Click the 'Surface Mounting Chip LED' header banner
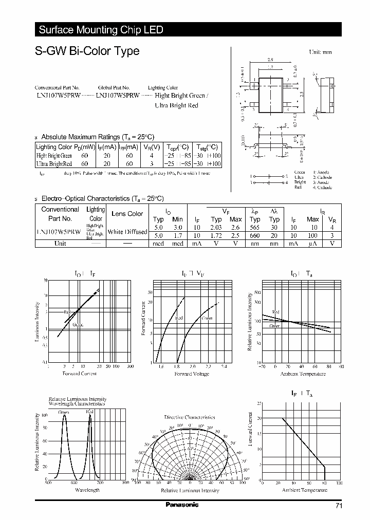101,30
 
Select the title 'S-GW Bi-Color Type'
87,51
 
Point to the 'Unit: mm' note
320,52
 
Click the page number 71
338,506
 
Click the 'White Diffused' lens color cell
128,232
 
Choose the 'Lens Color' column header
127,214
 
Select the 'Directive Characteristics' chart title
190,417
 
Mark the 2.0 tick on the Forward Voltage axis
192,367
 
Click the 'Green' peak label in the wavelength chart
64,412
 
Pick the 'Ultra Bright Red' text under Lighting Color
176,105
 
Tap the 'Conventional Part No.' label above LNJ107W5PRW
57,88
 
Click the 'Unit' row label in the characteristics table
60,244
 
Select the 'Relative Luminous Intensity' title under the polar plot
190,491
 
